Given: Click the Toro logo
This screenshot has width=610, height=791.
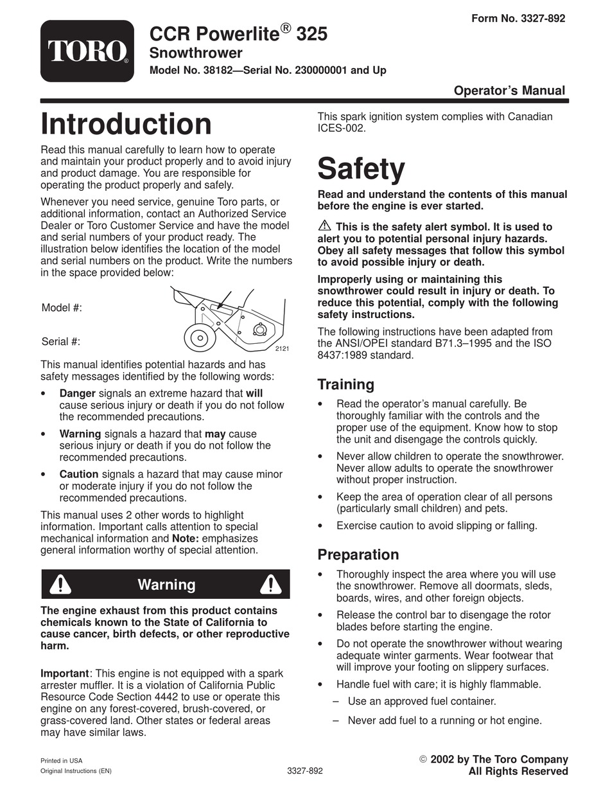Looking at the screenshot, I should [87, 51].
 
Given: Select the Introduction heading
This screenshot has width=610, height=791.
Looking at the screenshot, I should [126, 125].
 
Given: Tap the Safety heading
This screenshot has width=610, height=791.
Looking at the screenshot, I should [361, 170].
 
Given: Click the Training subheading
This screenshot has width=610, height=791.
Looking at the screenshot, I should [345, 385].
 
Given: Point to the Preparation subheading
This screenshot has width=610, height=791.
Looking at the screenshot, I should [358, 555].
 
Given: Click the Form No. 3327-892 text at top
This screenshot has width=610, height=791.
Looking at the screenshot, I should [518, 19].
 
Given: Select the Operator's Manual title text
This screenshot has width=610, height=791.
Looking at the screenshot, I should [509, 91].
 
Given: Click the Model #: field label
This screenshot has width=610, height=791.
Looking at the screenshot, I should [62, 308].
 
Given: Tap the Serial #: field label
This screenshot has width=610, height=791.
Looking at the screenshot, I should [61, 342].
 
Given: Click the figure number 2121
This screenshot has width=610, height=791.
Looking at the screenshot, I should [282, 348].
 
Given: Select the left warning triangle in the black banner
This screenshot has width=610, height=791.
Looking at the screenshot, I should [60, 584].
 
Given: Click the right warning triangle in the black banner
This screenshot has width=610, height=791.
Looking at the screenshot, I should [270, 584].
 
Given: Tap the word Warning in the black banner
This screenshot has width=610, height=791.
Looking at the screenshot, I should [166, 585].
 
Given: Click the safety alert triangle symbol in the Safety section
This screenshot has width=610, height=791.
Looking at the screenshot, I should [324, 226].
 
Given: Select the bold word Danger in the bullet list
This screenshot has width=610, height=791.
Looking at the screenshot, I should [78, 393].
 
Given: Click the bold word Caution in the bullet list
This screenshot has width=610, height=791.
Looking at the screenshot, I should [79, 474].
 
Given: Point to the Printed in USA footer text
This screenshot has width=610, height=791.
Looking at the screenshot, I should [62, 760].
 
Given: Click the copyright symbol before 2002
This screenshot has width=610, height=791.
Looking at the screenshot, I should [423, 760].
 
